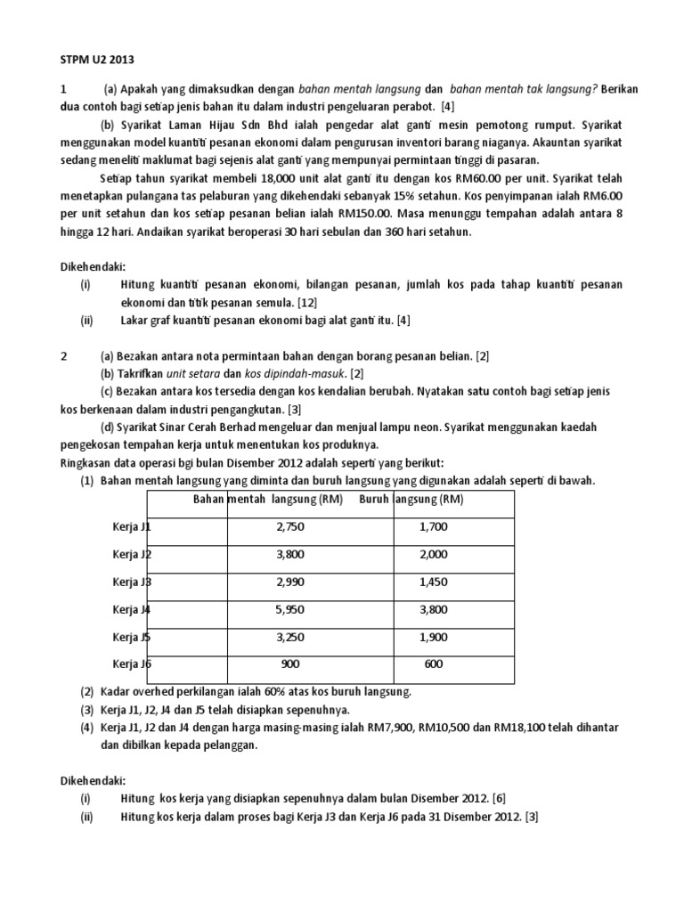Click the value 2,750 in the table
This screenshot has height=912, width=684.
[290, 527]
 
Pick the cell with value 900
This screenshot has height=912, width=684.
[290, 664]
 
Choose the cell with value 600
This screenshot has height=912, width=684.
[435, 664]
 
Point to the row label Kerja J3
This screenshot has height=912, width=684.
[133, 582]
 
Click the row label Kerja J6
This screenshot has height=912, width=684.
[133, 664]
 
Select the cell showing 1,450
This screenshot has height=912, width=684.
[435, 582]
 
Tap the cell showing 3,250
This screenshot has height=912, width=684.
[290, 637]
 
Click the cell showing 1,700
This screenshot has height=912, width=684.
[435, 527]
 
